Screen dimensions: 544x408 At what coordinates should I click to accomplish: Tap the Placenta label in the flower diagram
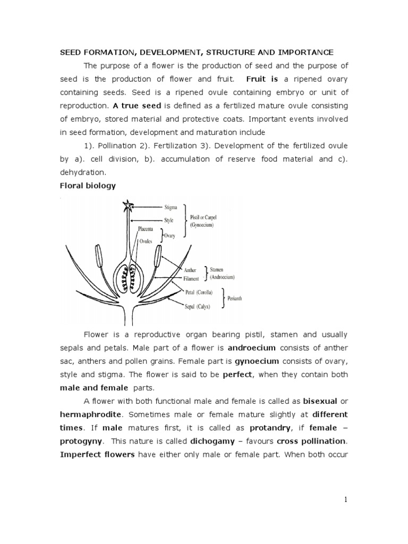pyautogui.click(x=146, y=229)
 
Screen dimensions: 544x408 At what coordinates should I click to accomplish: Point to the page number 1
pyautogui.click(x=345, y=499)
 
